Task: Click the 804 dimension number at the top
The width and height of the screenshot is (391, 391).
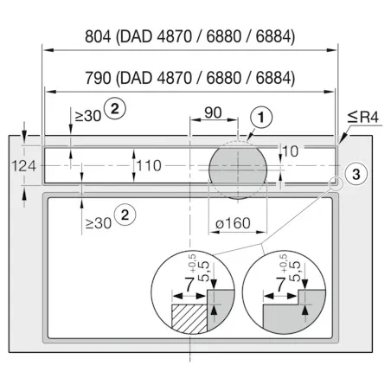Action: coord(98,36)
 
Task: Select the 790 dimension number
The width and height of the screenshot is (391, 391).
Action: coord(98,78)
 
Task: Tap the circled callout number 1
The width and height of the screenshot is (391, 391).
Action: coord(261,118)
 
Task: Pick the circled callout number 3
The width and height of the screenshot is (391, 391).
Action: coord(356,174)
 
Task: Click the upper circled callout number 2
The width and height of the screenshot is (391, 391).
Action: coord(115,109)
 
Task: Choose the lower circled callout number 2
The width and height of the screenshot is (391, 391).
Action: coord(125,215)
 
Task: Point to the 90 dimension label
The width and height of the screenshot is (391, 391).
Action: coord(213,112)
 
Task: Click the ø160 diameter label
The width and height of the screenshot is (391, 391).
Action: coord(233,223)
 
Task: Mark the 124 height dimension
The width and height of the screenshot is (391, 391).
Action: coord(24,166)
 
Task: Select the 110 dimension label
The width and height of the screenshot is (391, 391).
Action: coord(149,166)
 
